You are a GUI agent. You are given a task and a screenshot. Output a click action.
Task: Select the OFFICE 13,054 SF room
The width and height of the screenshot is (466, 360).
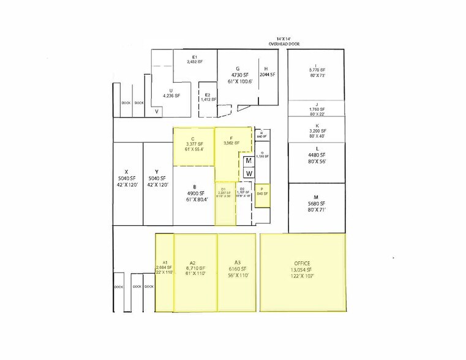(303, 270)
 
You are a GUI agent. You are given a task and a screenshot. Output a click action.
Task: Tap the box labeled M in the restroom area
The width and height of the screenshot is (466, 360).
(249, 161)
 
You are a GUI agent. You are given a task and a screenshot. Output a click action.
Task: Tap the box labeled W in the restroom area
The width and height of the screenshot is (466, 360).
(249, 173)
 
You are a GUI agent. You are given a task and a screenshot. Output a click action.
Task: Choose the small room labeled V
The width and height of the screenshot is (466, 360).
(157, 111)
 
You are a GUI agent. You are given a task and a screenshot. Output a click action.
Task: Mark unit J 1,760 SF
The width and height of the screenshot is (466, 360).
(317, 109)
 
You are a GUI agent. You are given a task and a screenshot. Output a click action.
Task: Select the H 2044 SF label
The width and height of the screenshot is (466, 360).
(267, 72)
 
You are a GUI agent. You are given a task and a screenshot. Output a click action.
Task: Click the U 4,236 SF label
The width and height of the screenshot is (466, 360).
(171, 92)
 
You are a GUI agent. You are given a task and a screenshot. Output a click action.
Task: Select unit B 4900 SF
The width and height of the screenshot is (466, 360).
(194, 193)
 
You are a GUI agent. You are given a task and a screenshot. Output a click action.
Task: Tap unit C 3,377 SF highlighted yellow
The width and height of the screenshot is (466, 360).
(193, 147)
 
